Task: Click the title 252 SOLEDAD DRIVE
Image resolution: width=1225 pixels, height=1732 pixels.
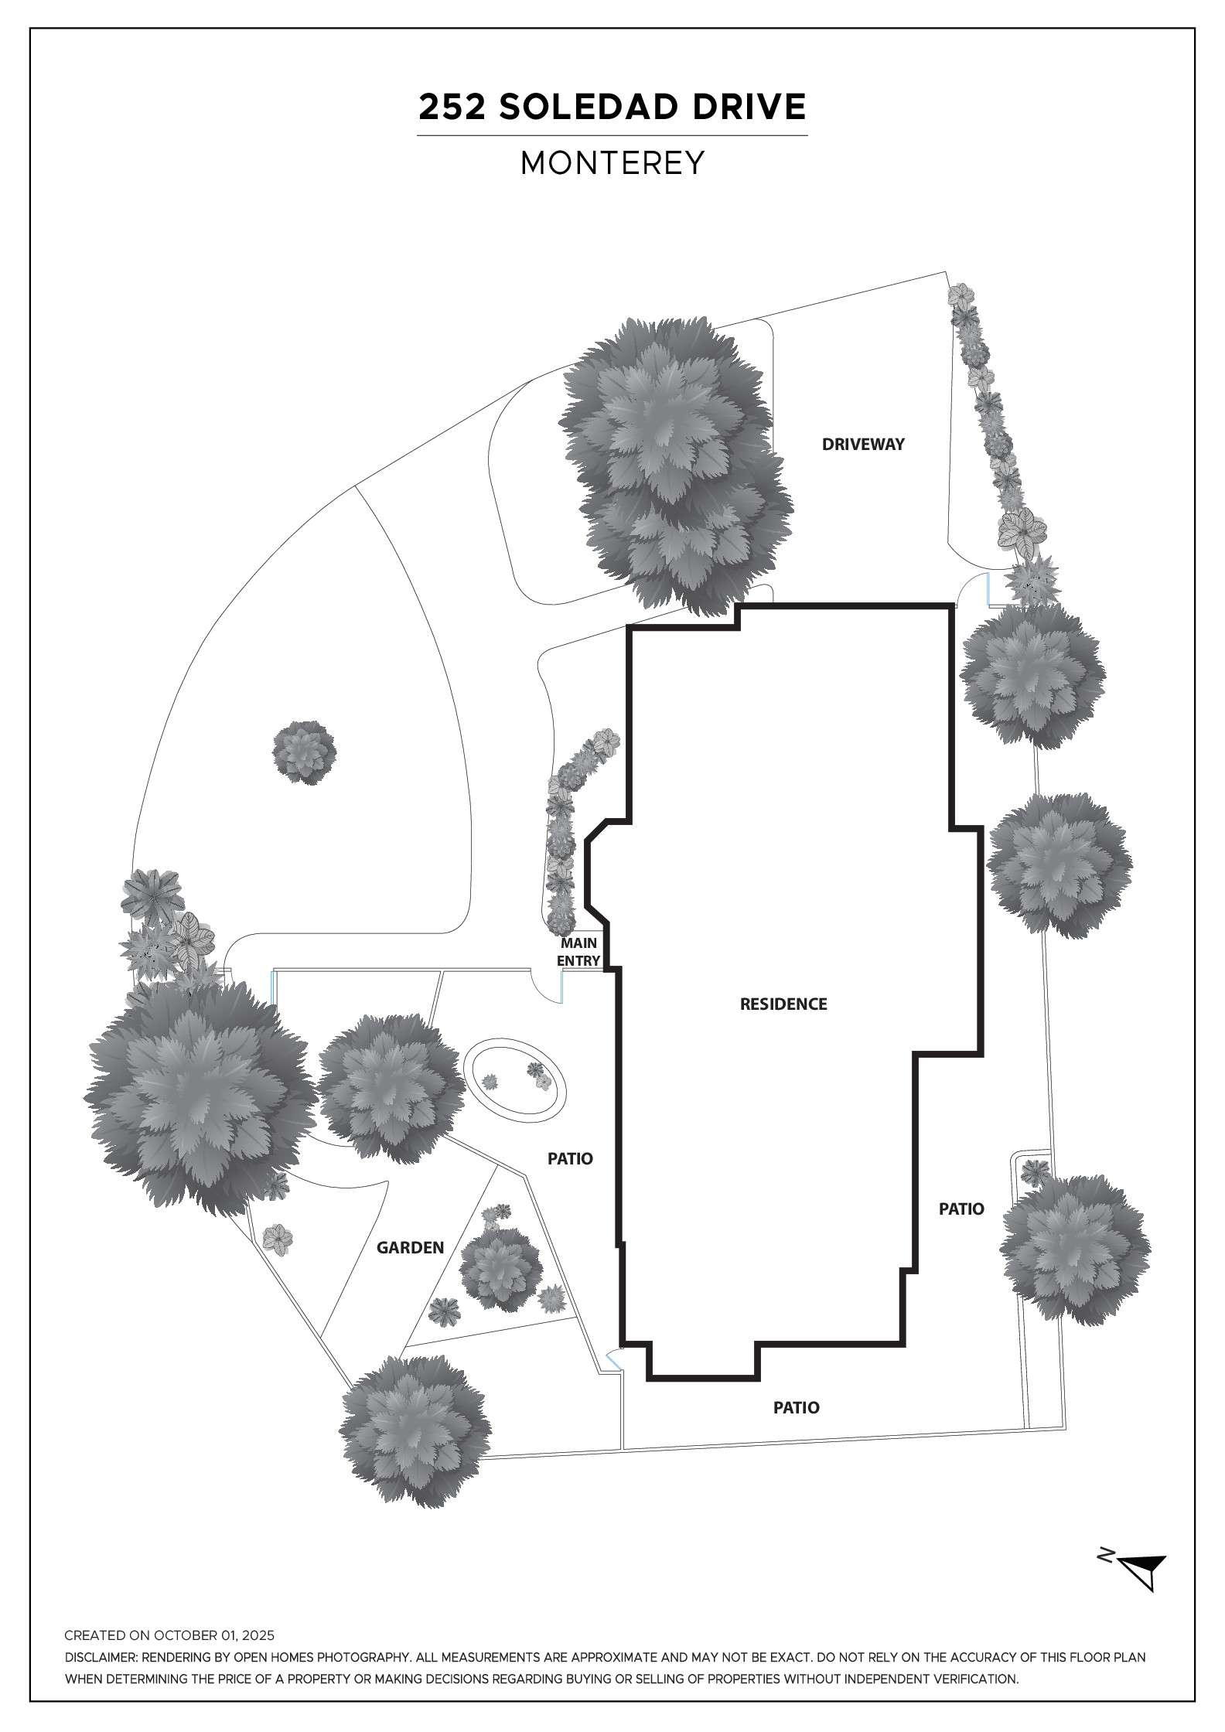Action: click(x=612, y=107)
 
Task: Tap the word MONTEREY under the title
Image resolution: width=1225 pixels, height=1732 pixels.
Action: click(x=612, y=163)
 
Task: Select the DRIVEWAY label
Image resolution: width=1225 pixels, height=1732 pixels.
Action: click(x=863, y=445)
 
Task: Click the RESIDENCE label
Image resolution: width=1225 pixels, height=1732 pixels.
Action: click(x=783, y=1004)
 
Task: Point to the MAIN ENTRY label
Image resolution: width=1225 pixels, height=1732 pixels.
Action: click(x=579, y=952)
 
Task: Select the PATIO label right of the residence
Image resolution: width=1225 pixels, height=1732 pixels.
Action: click(x=961, y=1209)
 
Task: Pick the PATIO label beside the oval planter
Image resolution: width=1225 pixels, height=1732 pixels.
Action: click(x=570, y=1159)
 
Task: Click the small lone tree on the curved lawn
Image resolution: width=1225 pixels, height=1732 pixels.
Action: click(x=305, y=752)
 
